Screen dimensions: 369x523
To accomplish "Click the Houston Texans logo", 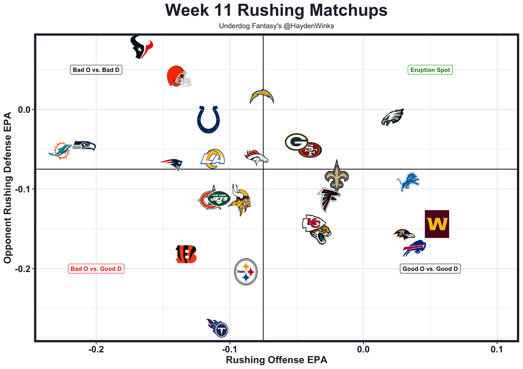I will [141, 47].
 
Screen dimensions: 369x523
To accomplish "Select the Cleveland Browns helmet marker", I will [179, 76].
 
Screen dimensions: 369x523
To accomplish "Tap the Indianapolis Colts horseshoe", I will [208, 119].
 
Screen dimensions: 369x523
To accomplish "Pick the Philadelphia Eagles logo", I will [393, 117].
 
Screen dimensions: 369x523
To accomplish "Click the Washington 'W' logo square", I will [437, 224].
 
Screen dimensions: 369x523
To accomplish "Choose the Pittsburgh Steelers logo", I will [246, 272].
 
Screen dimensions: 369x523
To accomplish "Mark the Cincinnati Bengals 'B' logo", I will [186, 254].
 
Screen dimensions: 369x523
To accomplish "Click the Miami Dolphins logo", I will [60, 151].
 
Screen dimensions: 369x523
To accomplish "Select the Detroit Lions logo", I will [408, 182].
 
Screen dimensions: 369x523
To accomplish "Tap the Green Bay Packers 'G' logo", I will [296, 142].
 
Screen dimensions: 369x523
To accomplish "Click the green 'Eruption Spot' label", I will [430, 70].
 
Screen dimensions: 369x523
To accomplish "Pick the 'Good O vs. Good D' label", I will [430, 269].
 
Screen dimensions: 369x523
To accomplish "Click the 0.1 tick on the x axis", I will [496, 349].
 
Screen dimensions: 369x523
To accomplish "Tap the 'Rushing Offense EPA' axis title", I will [277, 360].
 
